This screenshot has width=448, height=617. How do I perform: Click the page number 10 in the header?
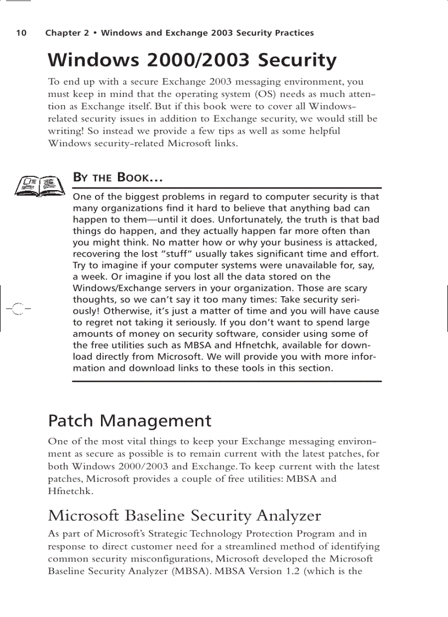click(x=21, y=33)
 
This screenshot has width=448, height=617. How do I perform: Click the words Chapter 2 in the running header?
click(x=67, y=33)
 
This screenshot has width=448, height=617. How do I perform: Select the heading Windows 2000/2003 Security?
click(x=192, y=60)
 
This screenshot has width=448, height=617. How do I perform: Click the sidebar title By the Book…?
click(x=118, y=177)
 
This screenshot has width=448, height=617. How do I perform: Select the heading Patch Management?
click(x=130, y=421)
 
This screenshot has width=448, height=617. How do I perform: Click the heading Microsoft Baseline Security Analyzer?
click(x=184, y=516)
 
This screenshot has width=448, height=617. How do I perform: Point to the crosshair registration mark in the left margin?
click(x=17, y=309)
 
